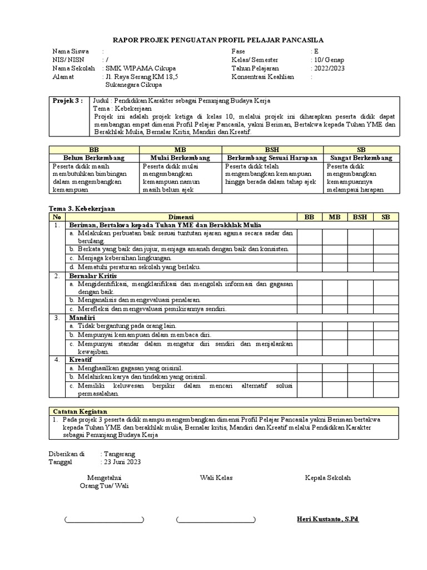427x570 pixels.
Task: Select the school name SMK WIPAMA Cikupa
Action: (x=137, y=68)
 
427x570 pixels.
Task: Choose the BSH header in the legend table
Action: (x=272, y=150)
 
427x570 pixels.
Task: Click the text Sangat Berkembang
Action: (x=361, y=158)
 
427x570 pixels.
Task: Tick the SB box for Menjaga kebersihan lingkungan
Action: (x=386, y=258)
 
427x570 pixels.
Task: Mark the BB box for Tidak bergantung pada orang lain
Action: (x=309, y=326)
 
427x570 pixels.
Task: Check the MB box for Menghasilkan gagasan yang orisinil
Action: (x=335, y=368)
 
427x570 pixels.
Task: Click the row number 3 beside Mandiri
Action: (x=57, y=317)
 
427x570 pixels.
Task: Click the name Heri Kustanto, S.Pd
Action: (x=327, y=519)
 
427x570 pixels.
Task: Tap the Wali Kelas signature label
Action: (x=216, y=478)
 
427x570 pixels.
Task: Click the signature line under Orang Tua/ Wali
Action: (x=104, y=520)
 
